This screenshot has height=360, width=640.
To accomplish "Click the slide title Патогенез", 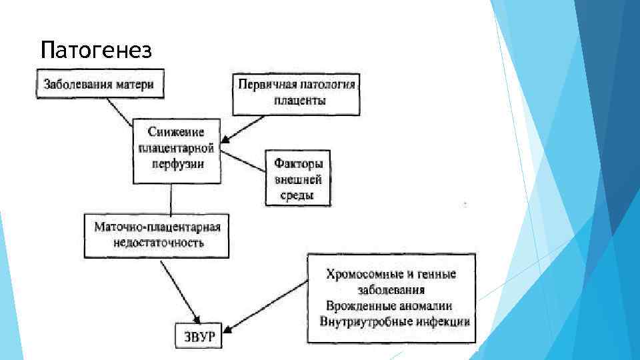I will [x=96, y=50].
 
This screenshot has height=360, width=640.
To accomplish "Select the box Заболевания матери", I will [x=98, y=85].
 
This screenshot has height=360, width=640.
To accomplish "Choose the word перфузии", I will [x=177, y=163].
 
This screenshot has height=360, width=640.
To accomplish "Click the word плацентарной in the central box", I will [x=177, y=147].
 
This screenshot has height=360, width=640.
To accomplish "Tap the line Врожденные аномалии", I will [x=389, y=306].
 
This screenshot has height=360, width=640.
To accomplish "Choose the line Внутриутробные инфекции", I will [x=394, y=321].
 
